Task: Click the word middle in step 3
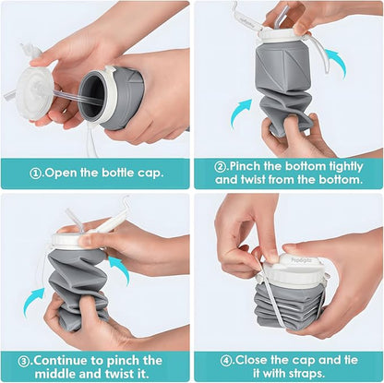tap(65, 375)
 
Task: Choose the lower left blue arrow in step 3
tap(35, 297)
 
